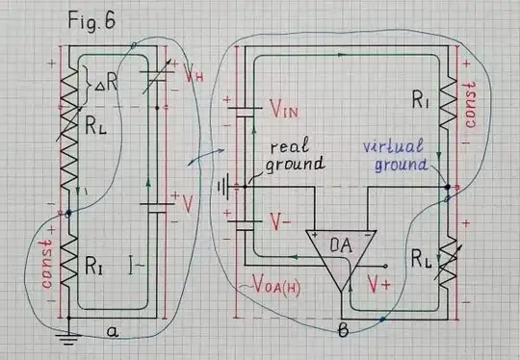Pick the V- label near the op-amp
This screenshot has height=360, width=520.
(x=279, y=220)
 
